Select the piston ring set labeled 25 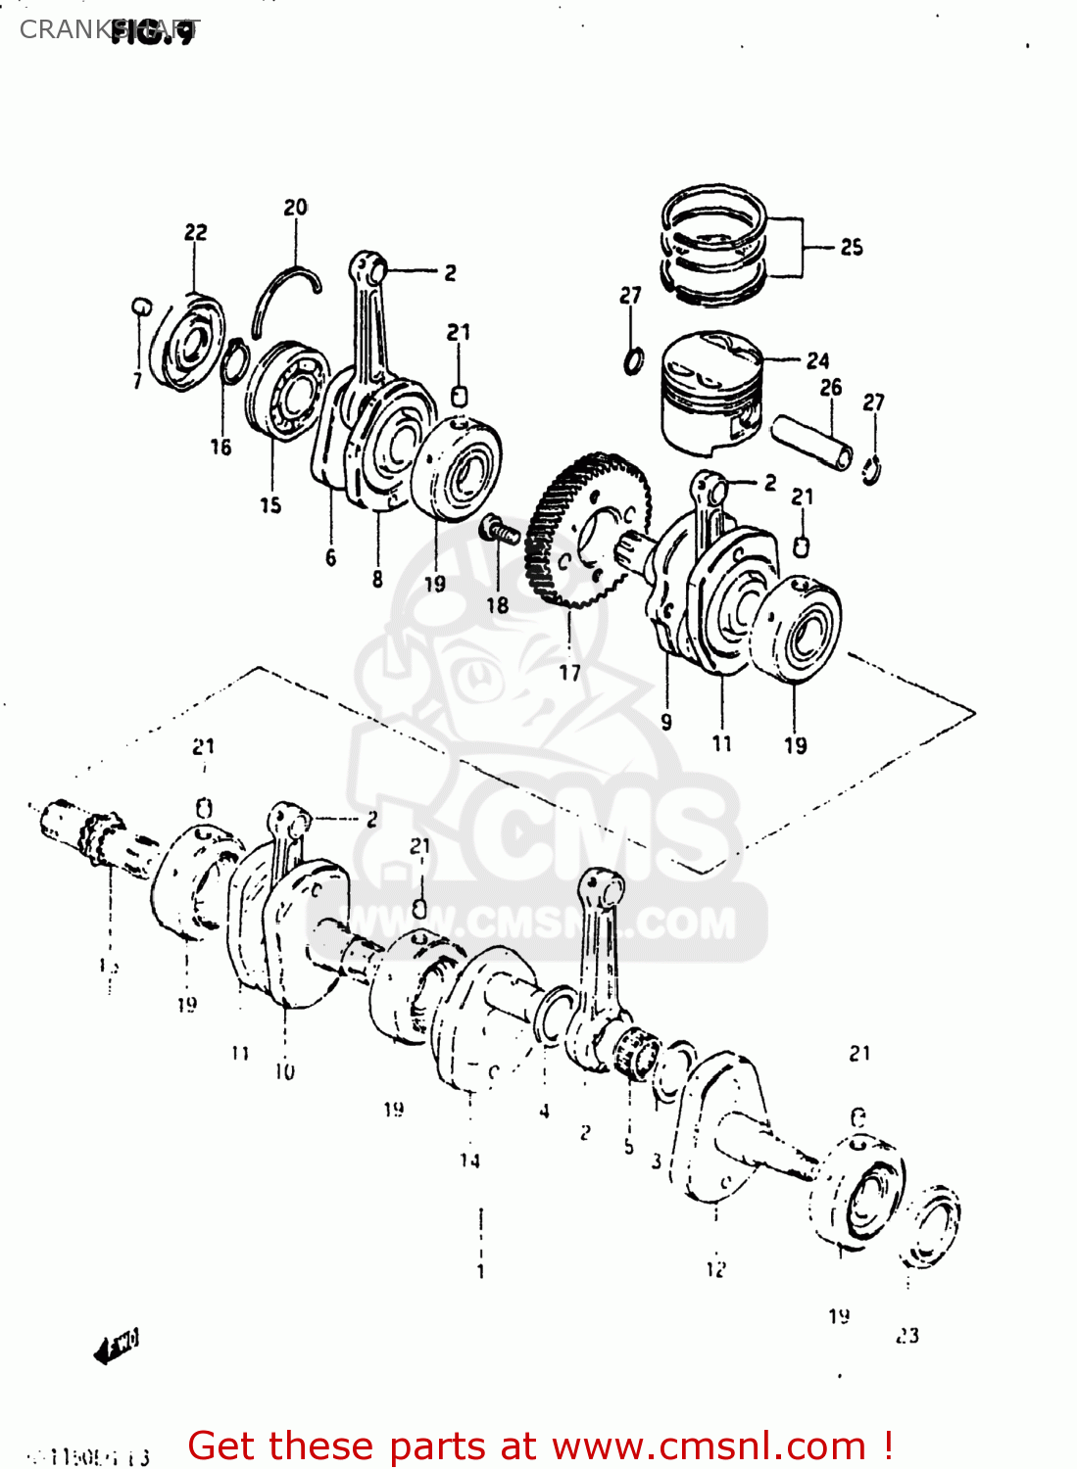(x=713, y=245)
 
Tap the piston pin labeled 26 (x=812, y=443)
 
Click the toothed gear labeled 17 (x=586, y=530)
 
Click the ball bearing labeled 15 (x=287, y=390)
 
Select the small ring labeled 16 (x=234, y=362)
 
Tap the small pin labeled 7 (x=140, y=307)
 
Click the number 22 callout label (x=196, y=232)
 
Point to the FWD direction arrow (x=117, y=1346)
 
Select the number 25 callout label (x=852, y=248)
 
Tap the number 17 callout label (x=570, y=673)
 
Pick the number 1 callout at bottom (x=480, y=1272)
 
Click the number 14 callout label (x=470, y=1161)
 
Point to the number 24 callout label (x=818, y=361)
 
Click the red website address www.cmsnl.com (x=709, y=1446)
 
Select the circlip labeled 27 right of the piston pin (x=871, y=468)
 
